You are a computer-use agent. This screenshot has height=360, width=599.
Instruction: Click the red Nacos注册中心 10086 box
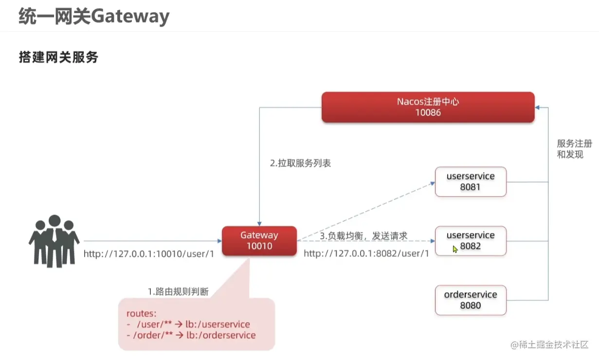click(x=428, y=107)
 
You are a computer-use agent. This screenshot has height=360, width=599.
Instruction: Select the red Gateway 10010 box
click(x=259, y=241)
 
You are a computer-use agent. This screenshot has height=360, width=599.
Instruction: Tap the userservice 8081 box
click(x=471, y=182)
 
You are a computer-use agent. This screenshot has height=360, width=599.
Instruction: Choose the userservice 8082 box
click(x=471, y=241)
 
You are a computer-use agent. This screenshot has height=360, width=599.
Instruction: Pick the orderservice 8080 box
click(x=471, y=300)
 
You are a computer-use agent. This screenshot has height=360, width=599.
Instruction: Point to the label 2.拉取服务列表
click(x=300, y=163)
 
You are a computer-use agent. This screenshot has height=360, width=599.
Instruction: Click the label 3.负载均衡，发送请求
click(x=363, y=235)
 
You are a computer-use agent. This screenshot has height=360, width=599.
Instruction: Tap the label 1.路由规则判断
click(x=178, y=292)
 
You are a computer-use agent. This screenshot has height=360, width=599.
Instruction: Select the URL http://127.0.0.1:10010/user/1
click(x=148, y=254)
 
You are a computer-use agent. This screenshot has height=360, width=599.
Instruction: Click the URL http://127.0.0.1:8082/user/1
click(x=366, y=254)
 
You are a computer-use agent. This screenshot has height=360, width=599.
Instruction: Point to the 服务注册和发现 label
click(x=575, y=149)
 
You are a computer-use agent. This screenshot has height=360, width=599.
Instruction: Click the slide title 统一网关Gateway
click(x=94, y=17)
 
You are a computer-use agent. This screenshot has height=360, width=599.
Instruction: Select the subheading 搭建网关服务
click(x=58, y=57)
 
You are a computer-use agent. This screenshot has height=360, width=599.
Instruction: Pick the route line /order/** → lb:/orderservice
click(x=191, y=335)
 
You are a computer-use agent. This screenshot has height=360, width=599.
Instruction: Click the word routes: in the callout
click(x=141, y=314)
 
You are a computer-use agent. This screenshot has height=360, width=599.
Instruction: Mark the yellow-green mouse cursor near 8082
click(x=455, y=249)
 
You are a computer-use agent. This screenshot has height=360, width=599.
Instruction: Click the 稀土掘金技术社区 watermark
click(x=550, y=344)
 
